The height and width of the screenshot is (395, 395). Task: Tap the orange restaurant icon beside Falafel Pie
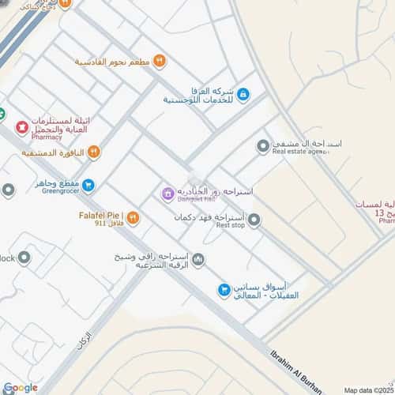(x=133, y=217)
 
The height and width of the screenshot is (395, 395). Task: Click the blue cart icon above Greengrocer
(x=88, y=186)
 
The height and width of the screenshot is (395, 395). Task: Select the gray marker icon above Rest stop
(x=254, y=220)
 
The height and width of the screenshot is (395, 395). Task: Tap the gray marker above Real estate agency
(x=263, y=145)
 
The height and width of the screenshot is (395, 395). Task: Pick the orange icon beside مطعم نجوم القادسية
(x=160, y=60)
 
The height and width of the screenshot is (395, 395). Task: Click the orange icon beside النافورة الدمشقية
(x=93, y=151)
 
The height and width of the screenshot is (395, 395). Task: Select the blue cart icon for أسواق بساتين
(x=224, y=291)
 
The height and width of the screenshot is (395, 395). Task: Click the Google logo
(x=20, y=387)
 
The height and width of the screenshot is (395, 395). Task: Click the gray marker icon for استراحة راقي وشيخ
(x=198, y=259)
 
